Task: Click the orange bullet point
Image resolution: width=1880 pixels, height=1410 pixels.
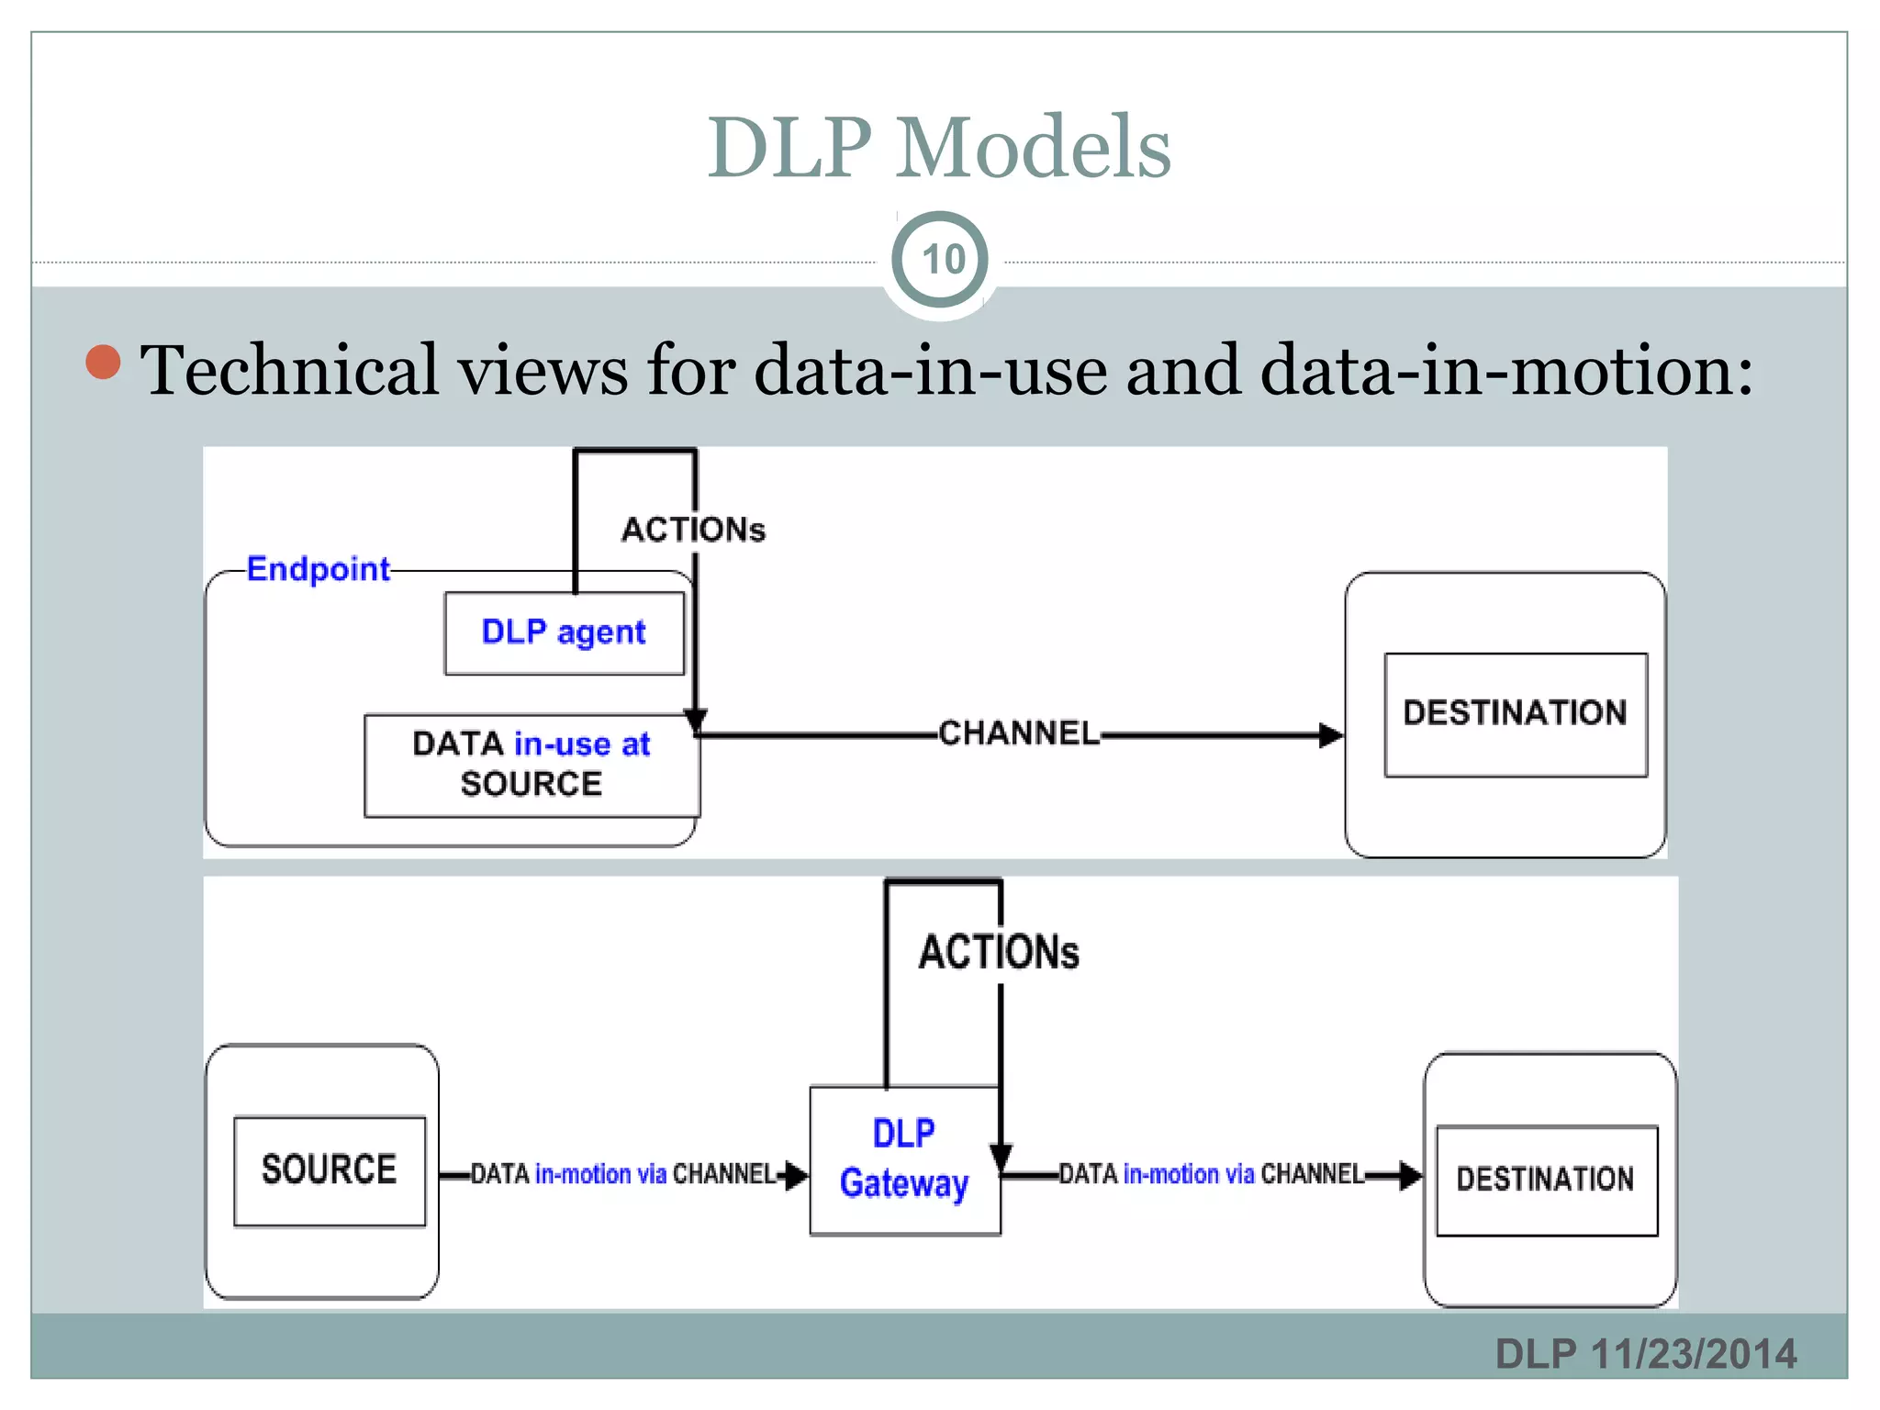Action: (103, 362)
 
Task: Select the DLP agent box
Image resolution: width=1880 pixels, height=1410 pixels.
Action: (564, 632)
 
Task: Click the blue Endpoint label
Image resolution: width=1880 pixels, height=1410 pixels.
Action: (318, 569)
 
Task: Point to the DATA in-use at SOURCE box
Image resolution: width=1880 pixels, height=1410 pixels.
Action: (531, 765)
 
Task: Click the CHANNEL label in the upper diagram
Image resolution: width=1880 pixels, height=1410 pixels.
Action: (1018, 733)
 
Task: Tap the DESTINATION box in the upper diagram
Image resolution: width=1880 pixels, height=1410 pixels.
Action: (1515, 713)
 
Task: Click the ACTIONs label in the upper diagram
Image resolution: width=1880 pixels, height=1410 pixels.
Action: (693, 530)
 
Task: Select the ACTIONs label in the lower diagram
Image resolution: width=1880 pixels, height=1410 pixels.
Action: (999, 952)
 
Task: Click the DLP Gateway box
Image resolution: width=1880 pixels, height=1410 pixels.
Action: (904, 1159)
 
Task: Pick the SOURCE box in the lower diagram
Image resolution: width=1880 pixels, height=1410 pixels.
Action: (329, 1169)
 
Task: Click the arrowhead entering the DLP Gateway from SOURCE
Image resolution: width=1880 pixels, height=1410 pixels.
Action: (796, 1175)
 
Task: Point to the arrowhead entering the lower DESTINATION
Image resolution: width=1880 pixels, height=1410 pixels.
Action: (1410, 1175)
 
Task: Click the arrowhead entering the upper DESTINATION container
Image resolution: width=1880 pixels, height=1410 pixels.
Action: (1330, 735)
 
